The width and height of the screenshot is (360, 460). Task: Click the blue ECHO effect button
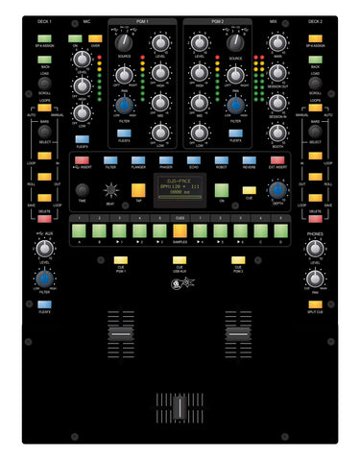(x=193, y=160)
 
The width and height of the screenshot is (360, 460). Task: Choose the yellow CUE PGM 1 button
(x=121, y=259)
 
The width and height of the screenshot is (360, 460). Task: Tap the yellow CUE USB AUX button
(x=180, y=259)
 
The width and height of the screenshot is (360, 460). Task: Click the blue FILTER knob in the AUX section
(x=44, y=283)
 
